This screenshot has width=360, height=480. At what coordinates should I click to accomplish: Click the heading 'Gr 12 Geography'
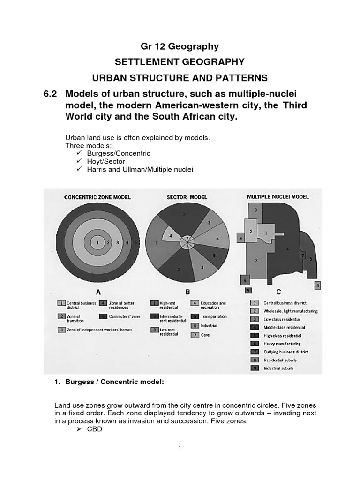(180, 46)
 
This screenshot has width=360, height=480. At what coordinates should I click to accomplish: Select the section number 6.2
(50, 93)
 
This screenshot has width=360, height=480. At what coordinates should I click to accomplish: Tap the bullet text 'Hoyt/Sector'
(106, 161)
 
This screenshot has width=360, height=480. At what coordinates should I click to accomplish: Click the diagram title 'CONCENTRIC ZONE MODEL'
(97, 197)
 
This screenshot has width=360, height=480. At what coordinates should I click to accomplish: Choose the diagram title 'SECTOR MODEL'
(187, 197)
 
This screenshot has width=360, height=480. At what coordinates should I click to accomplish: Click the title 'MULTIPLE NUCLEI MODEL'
(277, 197)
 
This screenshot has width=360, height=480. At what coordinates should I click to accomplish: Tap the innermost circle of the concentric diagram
(97, 242)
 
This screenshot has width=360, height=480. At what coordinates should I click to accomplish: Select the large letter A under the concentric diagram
(97, 292)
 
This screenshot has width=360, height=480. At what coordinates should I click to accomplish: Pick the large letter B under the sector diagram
(187, 292)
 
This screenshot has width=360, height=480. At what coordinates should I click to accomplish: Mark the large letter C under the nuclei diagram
(278, 292)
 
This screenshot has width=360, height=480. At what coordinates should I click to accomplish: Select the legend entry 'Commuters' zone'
(125, 316)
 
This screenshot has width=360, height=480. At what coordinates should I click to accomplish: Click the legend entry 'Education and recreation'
(213, 305)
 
